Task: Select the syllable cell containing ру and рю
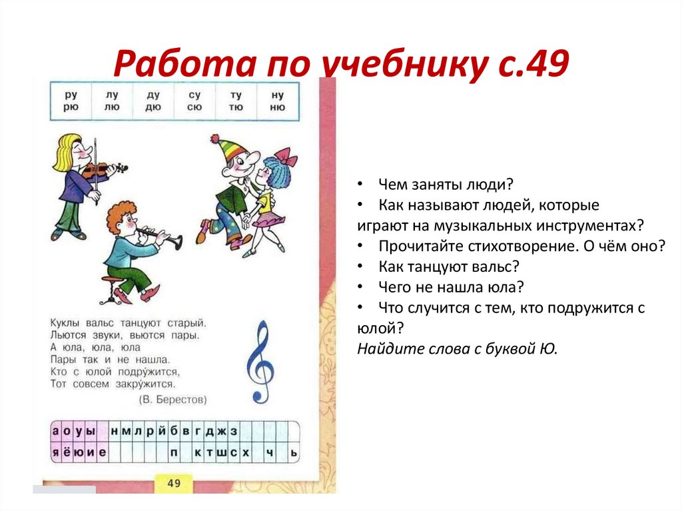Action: point(71,101)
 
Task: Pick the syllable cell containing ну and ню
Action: point(278,101)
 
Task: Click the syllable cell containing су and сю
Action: point(194,101)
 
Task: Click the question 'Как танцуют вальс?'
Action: point(448,266)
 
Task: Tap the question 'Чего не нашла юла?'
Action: point(451,287)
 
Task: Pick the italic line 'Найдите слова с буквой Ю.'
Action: point(456,348)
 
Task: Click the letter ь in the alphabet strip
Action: point(292,453)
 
